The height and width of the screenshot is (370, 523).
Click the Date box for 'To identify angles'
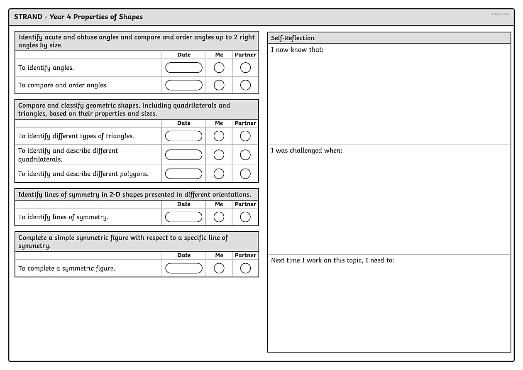pyautogui.click(x=183, y=68)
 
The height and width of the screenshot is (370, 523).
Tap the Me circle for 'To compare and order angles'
pyautogui.click(x=219, y=85)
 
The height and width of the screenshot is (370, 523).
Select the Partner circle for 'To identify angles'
pyautogui.click(x=245, y=68)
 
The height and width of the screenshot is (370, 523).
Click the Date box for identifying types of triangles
pyautogui.click(x=183, y=136)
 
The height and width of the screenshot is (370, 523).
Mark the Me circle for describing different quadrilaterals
pyautogui.click(x=219, y=155)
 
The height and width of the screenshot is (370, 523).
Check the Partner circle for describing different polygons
pyautogui.click(x=245, y=174)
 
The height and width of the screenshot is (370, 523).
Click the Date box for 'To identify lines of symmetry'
pyautogui.click(x=183, y=217)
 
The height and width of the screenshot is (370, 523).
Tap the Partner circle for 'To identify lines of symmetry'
pyautogui.click(x=245, y=217)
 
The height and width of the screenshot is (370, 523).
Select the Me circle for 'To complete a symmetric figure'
pyautogui.click(x=219, y=268)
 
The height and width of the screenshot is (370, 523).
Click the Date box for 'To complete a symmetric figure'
pyautogui.click(x=183, y=268)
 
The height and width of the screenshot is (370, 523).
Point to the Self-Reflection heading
pyautogui.click(x=293, y=38)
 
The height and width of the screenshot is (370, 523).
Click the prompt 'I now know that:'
pyautogui.click(x=297, y=50)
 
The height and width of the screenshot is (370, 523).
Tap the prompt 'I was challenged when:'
pyautogui.click(x=307, y=151)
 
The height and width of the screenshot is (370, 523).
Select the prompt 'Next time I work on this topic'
pyautogui.click(x=332, y=260)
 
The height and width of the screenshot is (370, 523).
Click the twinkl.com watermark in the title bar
pyautogui.click(x=500, y=14)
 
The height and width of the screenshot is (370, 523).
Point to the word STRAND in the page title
pyautogui.click(x=28, y=17)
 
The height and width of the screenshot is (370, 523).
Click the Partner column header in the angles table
pyautogui.click(x=245, y=55)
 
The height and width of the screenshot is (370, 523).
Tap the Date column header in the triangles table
pyautogui.click(x=183, y=123)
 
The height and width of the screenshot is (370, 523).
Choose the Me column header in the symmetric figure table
pyautogui.click(x=219, y=255)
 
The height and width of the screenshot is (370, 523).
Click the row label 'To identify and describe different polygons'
pyautogui.click(x=83, y=174)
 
